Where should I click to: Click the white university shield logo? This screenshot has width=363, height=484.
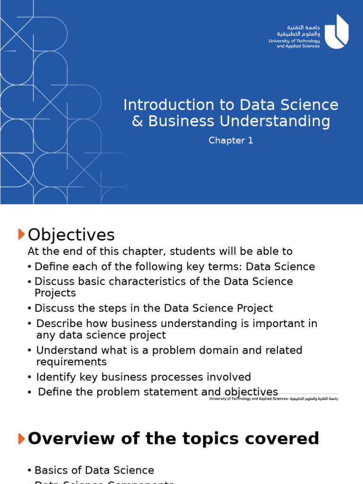(337, 32)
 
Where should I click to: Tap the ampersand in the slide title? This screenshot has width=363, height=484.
(137, 121)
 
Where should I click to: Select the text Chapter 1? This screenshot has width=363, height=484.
(231, 141)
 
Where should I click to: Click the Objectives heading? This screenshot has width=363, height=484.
(71, 235)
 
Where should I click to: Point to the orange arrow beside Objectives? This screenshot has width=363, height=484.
(21, 234)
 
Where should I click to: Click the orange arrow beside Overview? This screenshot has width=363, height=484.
(21, 439)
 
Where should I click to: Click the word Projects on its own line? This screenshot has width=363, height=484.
(55, 293)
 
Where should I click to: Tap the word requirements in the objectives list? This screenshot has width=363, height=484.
(71, 362)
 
